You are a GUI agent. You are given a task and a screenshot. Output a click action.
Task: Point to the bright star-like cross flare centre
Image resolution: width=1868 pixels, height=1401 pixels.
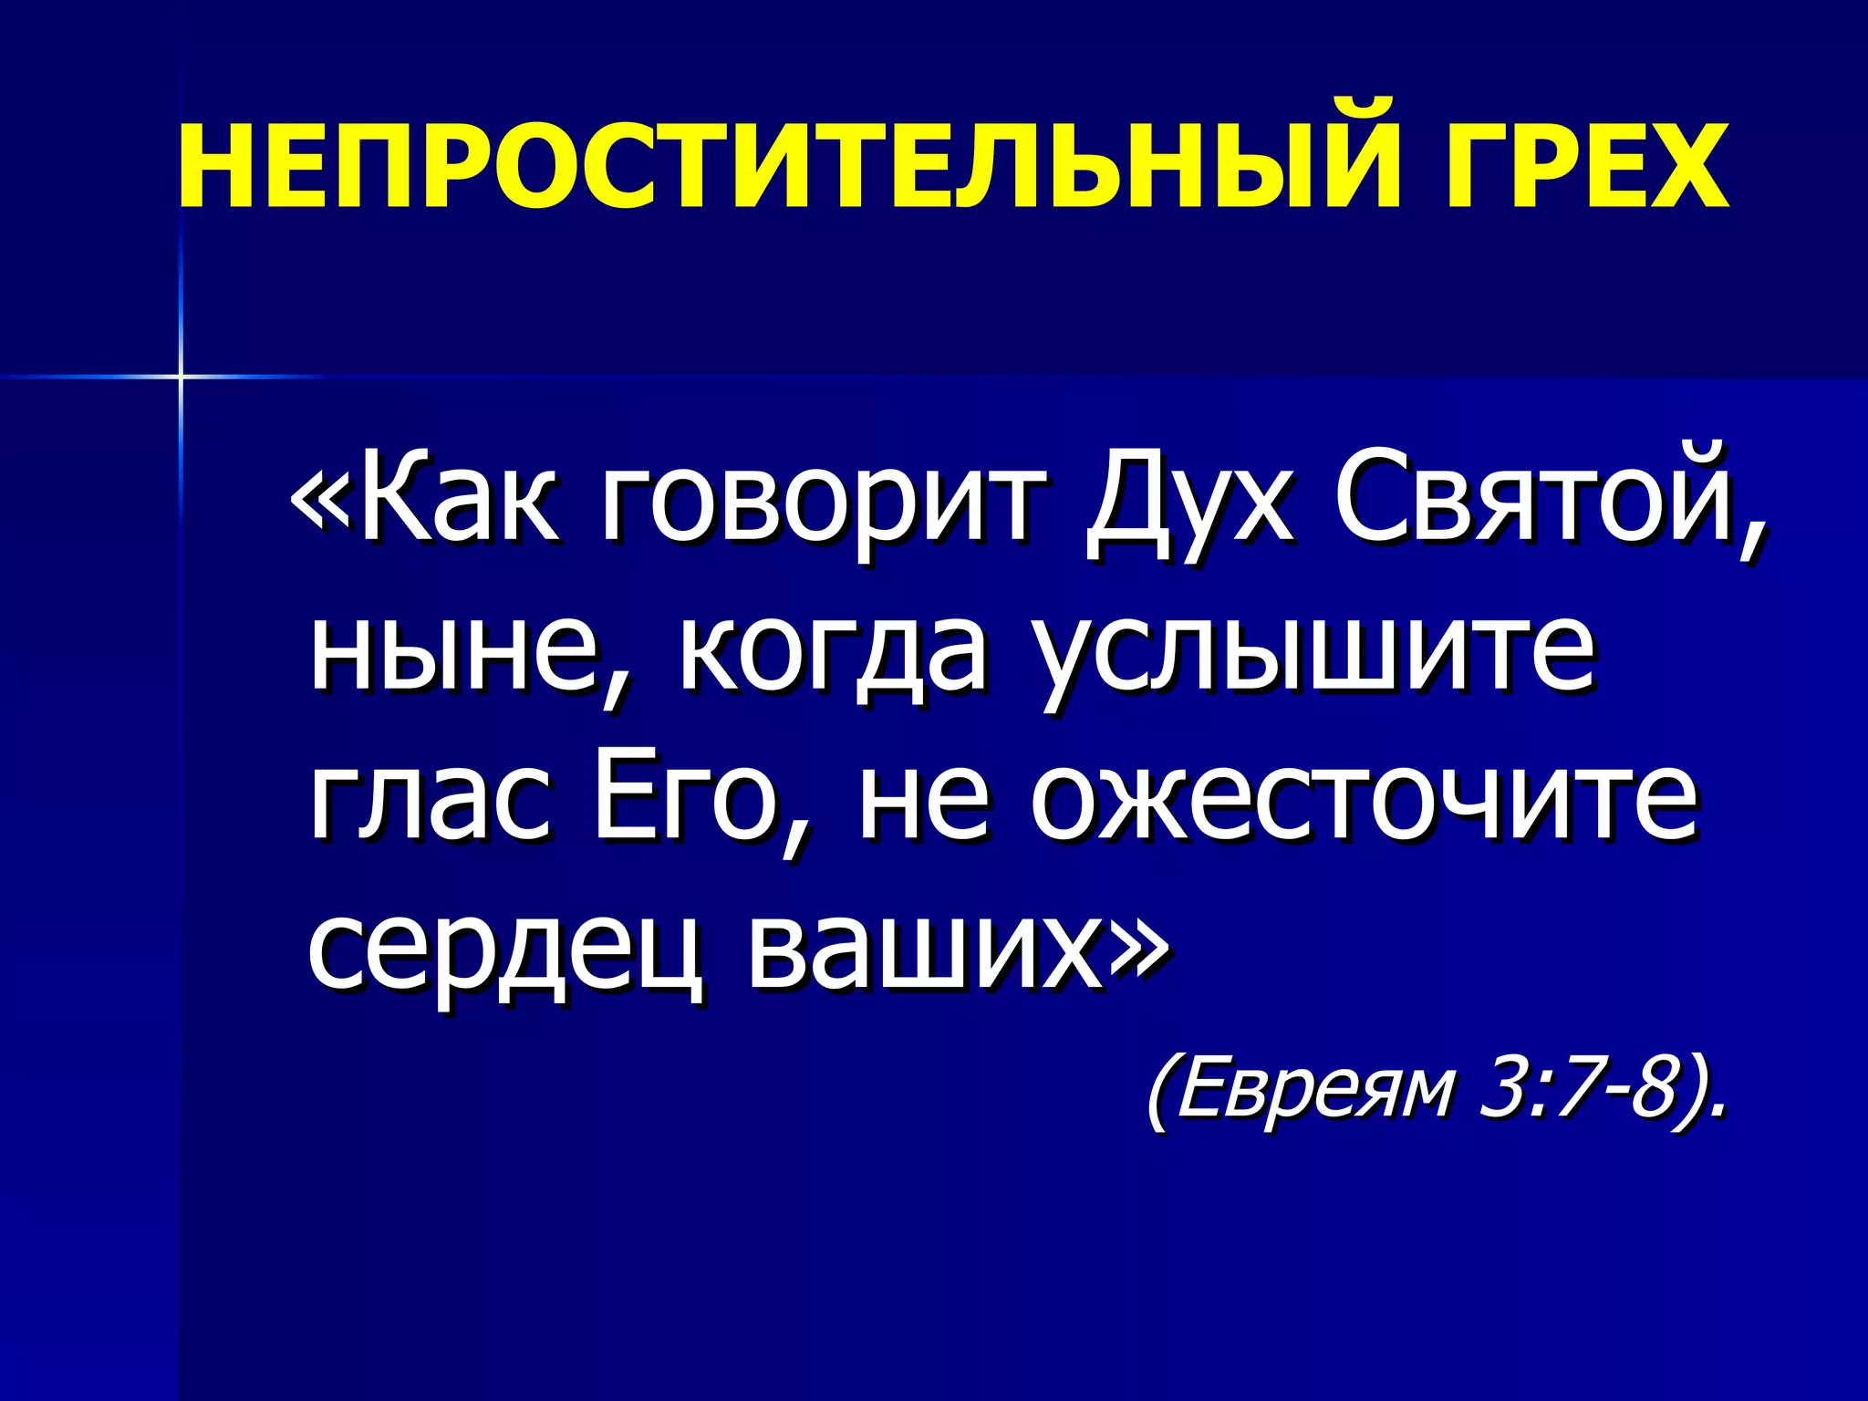point(181,376)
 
